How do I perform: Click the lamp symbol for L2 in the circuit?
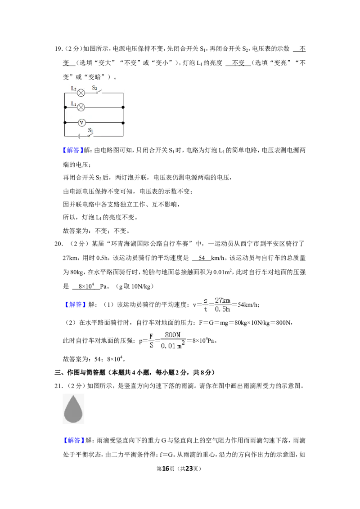pos(81,93)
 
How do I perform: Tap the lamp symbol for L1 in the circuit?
pos(81,107)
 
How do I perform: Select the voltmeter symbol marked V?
pos(81,123)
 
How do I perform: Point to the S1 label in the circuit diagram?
pos(90,130)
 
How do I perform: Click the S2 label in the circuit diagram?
pos(94,88)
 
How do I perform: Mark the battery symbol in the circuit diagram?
pos(79,136)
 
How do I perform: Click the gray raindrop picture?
pos(73,409)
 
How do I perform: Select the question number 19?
pos(58,49)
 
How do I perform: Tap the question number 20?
pos(58,244)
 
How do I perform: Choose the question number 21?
pos(58,386)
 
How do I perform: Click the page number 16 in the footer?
pos(166,469)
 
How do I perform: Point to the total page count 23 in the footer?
pos(189,469)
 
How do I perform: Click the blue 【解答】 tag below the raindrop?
pos(73,441)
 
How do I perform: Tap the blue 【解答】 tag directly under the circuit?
pos(73,150)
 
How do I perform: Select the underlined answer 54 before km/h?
pos(202,258)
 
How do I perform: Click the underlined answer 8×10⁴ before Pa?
pos(86,286)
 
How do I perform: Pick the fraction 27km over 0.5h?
pos(223,305)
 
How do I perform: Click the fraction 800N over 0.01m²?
pos(173,340)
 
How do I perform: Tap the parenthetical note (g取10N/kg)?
pos(134,286)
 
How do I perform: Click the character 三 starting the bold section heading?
pos(58,372)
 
